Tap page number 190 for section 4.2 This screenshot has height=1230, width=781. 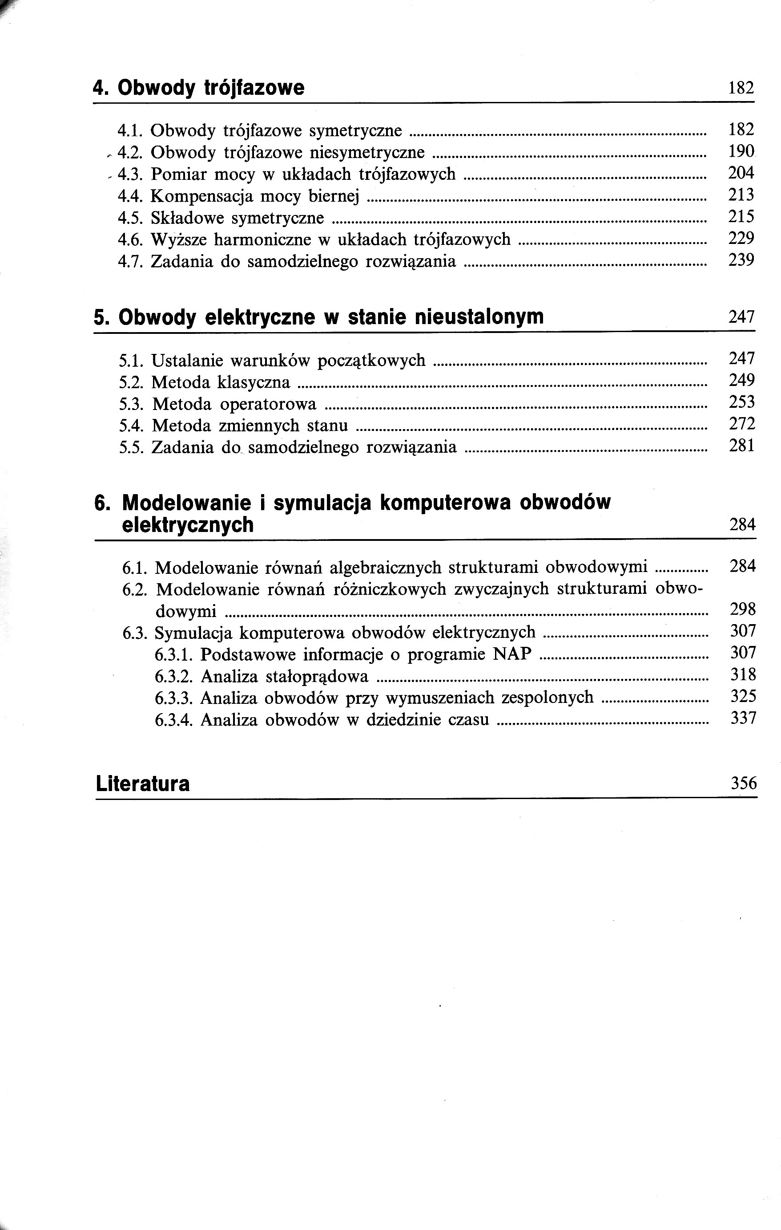coord(741,151)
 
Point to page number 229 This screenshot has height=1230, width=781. coord(741,239)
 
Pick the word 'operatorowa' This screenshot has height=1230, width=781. coord(269,405)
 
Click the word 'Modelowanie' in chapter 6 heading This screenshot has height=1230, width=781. coord(187,503)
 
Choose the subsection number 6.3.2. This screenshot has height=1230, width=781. coord(173,677)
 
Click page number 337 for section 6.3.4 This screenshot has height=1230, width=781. coord(743,719)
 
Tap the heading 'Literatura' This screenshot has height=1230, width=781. coord(142,784)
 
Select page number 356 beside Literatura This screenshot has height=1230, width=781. coord(743,783)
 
